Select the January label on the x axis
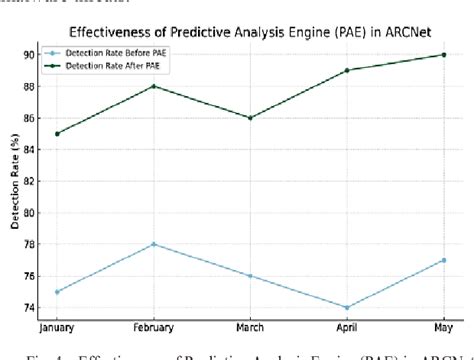pos(60,328)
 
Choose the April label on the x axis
pos(346,328)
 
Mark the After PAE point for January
pos(58,133)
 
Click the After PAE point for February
pos(154,86)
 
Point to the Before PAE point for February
pos(154,244)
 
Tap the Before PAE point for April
pos(346,307)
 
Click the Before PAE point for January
pos(58,291)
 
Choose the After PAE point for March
pos(250,118)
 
